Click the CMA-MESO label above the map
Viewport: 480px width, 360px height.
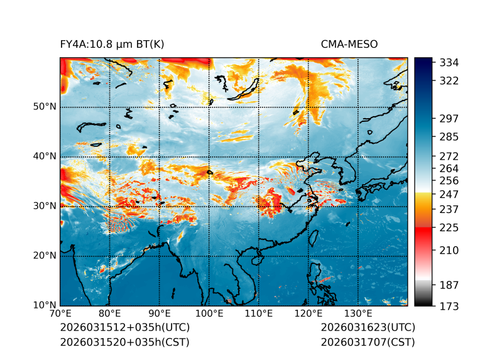coord(349,44)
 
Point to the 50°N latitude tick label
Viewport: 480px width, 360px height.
coord(45,107)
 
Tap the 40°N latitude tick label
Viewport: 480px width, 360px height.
coord(45,156)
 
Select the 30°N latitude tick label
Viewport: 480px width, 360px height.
coord(45,206)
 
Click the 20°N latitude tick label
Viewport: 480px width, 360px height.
coord(45,256)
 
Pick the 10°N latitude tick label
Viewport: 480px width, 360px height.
coord(45,306)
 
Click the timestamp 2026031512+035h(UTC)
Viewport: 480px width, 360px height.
coord(124,328)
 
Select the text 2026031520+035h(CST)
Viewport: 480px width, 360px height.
coord(124,342)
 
